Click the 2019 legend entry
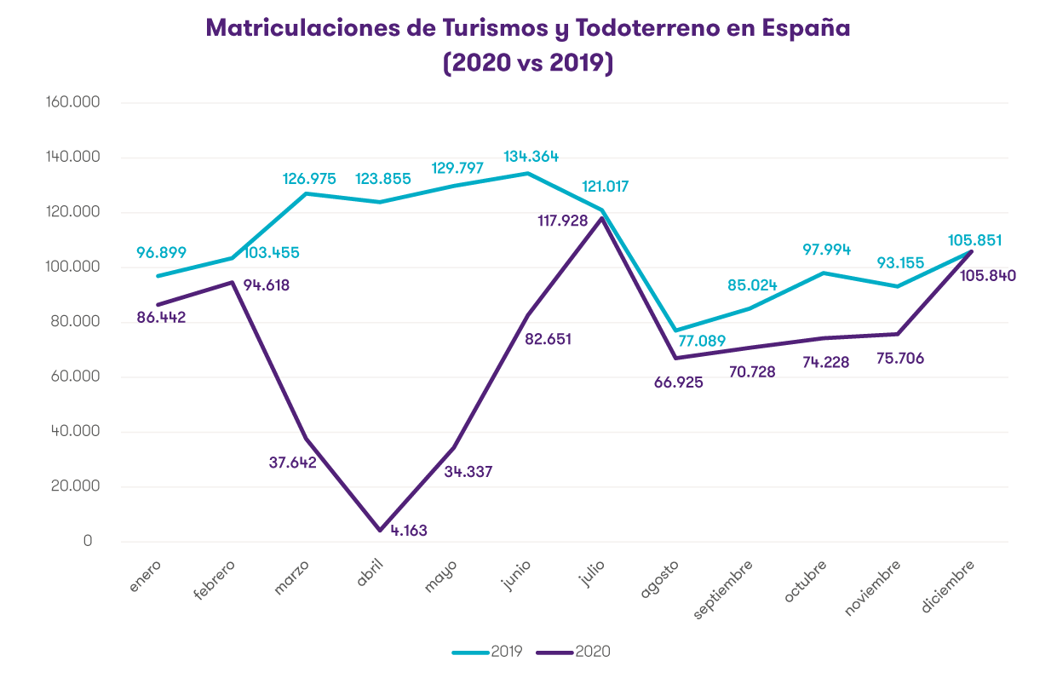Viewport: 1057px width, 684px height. (x=487, y=652)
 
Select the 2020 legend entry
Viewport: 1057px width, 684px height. (x=574, y=652)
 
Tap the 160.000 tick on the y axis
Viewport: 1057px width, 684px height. (x=76, y=103)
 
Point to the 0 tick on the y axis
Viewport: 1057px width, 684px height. (x=88, y=541)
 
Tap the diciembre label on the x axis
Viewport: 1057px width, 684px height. (x=947, y=586)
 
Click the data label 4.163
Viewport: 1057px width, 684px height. (x=409, y=530)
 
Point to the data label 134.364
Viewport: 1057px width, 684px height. (x=531, y=156)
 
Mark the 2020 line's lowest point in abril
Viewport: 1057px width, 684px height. (x=380, y=530)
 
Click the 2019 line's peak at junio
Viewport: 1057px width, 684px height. (x=528, y=173)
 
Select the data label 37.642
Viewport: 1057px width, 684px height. (x=292, y=463)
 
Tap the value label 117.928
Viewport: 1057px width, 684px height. (x=560, y=221)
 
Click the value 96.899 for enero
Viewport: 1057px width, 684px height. (x=161, y=252)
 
